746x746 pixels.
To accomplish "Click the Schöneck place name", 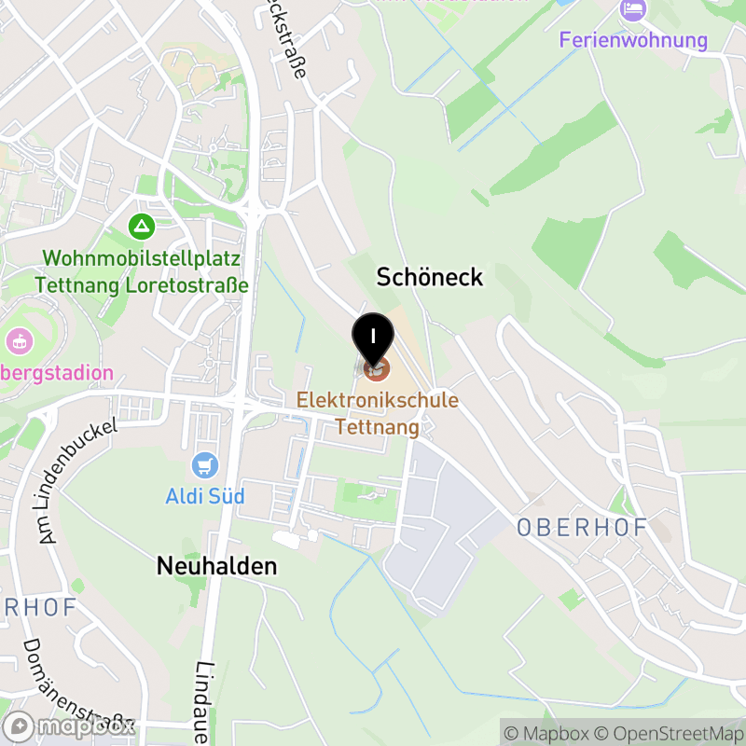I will [430, 277].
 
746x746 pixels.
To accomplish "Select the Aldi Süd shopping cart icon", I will [204, 464].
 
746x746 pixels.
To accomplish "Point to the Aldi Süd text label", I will [205, 496].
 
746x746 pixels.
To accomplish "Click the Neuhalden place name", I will [217, 566].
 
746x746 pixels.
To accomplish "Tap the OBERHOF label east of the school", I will [582, 527].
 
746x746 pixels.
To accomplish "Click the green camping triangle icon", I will [142, 225].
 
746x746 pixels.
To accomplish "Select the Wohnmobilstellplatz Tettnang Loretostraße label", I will [142, 271].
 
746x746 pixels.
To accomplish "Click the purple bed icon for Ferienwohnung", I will [633, 10].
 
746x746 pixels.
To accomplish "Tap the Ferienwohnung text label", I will [633, 40].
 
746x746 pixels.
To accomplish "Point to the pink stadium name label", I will [56, 374].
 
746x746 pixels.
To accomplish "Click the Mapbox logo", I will [70, 725].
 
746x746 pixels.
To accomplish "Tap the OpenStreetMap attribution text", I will [667, 733].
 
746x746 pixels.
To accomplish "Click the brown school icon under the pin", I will [376, 370].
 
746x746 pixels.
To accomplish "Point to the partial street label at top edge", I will [286, 37].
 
